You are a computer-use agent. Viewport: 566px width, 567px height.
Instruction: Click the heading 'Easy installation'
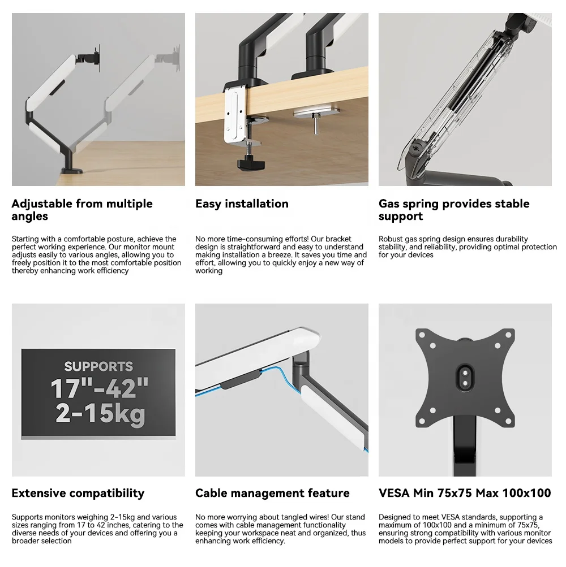tap(242, 204)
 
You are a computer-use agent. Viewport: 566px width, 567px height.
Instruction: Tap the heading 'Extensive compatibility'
tap(78, 493)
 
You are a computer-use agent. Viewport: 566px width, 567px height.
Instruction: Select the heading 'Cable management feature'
tap(272, 493)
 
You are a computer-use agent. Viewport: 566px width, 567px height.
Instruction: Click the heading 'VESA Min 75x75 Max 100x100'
tap(465, 493)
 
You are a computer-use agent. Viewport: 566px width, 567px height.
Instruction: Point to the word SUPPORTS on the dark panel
tap(98, 366)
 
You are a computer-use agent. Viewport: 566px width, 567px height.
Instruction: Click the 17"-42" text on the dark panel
tap(100, 389)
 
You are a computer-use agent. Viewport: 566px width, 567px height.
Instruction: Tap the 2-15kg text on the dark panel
tap(100, 414)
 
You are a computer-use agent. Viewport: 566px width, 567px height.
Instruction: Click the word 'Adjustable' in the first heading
tap(42, 204)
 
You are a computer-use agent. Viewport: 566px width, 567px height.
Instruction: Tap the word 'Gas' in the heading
tap(391, 204)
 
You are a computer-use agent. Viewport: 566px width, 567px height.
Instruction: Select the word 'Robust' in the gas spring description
tap(391, 239)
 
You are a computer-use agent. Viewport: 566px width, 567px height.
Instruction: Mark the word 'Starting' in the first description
tap(25, 239)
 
